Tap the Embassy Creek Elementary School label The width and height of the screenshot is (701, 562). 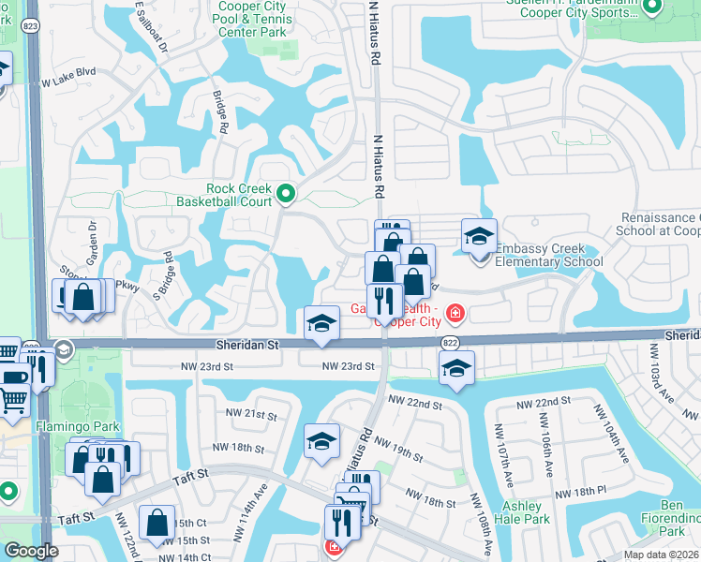(x=548, y=255)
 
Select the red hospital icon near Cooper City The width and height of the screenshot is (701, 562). (x=455, y=311)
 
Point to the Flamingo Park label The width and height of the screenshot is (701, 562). (x=39, y=427)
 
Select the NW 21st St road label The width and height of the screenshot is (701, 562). (x=252, y=414)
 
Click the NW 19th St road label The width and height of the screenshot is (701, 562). (x=398, y=446)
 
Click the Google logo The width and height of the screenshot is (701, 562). (x=31, y=551)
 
